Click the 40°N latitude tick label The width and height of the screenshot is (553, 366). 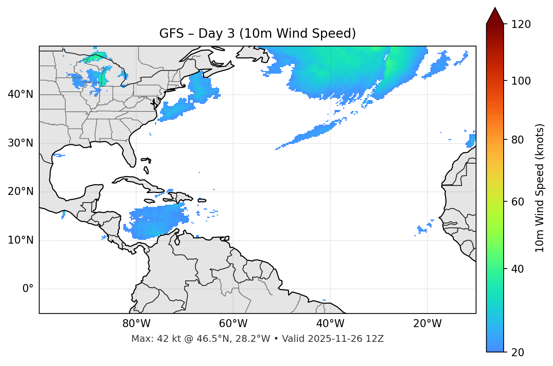click(20, 94)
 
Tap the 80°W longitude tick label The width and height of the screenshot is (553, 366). click(136, 324)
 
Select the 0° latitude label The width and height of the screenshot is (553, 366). click(28, 289)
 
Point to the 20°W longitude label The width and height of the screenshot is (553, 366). click(427, 324)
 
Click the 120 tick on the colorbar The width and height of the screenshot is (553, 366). click(521, 25)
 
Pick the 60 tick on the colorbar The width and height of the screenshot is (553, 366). click(519, 202)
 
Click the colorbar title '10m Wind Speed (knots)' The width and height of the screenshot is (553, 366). click(540, 188)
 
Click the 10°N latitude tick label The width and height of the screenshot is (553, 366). click(20, 240)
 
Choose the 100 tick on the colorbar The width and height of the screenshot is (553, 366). click(521, 81)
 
